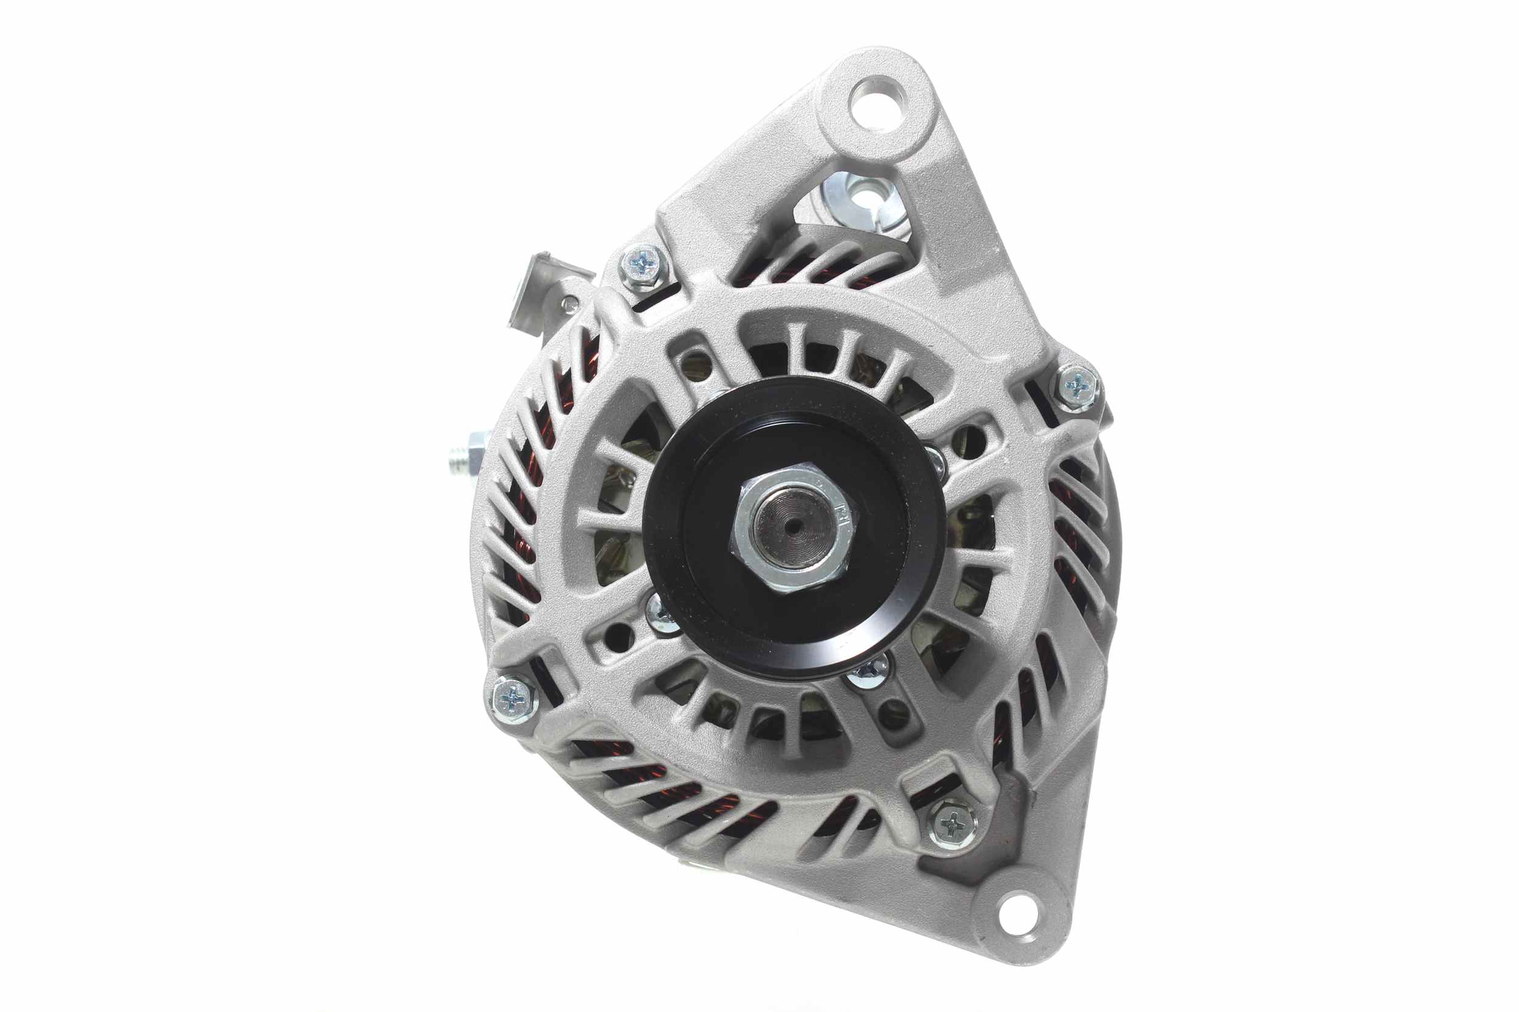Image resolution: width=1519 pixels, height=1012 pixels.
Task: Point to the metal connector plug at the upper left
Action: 533,290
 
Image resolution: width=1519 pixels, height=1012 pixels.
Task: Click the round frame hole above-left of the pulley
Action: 696,367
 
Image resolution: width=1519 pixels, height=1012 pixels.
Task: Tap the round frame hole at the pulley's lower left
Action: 619,637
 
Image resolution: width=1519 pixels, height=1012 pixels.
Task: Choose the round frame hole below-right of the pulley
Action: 894,715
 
